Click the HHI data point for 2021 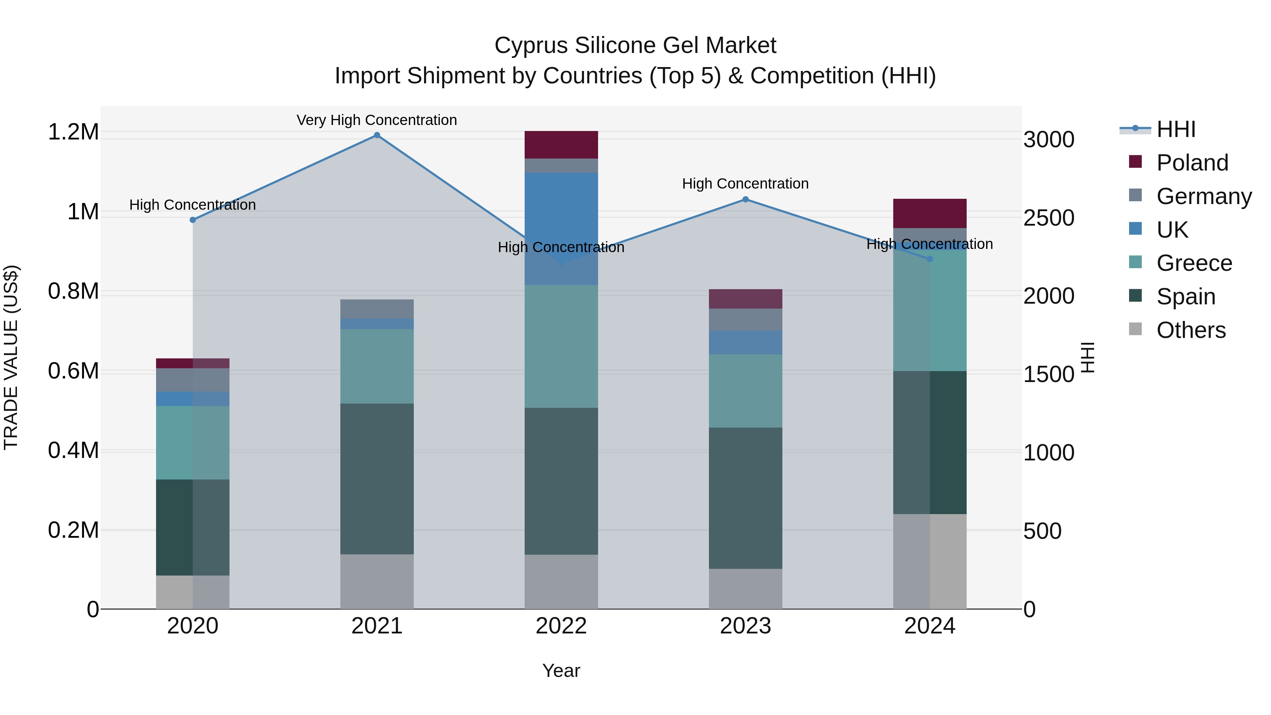click(x=377, y=135)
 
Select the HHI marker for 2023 click(x=746, y=199)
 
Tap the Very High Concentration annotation click(x=377, y=120)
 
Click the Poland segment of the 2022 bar click(x=561, y=144)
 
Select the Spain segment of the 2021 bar click(x=377, y=479)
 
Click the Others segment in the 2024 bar click(x=930, y=561)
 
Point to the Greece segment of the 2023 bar click(x=746, y=391)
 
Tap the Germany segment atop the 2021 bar click(x=377, y=309)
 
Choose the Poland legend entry click(x=1192, y=163)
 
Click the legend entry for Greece click(x=1194, y=263)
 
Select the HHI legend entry click(x=1175, y=129)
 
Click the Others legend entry click(x=1190, y=330)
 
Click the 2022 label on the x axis click(x=561, y=626)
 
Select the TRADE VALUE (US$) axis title click(x=11, y=357)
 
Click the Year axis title click(x=561, y=671)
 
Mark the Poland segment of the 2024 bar click(x=930, y=213)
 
